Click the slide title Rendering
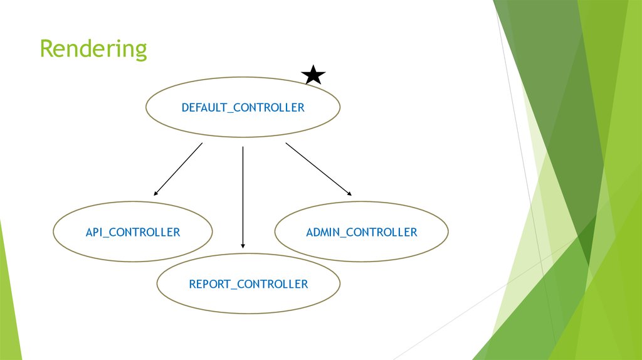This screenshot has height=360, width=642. coord(93,50)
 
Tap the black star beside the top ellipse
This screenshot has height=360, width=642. coord(313,75)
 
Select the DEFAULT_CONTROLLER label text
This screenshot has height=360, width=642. coord(243,108)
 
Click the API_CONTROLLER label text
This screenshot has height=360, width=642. coord(133,232)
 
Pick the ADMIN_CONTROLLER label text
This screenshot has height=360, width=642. coord(362,232)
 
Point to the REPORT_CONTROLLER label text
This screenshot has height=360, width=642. coord(248,284)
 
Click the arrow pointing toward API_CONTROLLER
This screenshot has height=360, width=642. coord(178,169)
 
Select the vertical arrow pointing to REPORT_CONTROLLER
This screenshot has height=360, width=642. coord(243,198)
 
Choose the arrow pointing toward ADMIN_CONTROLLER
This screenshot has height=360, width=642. coord(318,169)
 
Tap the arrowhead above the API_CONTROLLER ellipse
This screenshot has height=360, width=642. coord(155,194)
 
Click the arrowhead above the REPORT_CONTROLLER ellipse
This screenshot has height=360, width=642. coord(243,246)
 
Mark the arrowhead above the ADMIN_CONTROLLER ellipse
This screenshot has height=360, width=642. coord(350,194)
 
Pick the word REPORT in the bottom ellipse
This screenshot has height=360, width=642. coord(209,284)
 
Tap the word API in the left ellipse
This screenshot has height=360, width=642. coord(94,232)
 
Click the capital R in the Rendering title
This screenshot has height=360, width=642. coord(47,48)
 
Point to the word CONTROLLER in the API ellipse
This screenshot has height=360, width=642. coord(145,232)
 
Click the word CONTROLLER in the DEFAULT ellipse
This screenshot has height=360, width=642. coord(268,108)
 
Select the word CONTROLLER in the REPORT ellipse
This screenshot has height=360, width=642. coord(272,284)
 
